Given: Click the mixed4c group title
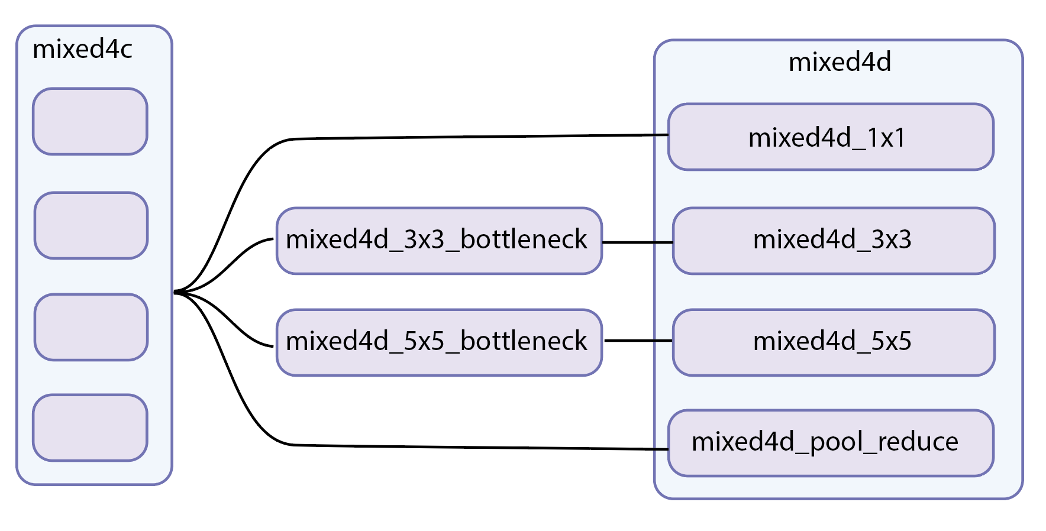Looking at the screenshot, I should (x=82, y=50).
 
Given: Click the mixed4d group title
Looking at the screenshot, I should (x=839, y=62).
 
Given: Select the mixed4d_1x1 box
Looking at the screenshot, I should (x=830, y=137).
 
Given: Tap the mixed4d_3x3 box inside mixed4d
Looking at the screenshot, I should (x=833, y=240).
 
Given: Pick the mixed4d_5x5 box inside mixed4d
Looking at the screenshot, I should (x=833, y=342).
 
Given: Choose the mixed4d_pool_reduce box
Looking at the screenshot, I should (x=830, y=443).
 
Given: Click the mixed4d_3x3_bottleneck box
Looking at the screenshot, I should (x=438, y=240).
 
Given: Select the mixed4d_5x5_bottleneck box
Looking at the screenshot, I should (x=438, y=342).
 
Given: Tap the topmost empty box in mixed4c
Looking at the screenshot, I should (x=90, y=121).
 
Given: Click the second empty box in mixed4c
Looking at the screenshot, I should (x=91, y=225).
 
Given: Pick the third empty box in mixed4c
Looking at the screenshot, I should (x=91, y=327).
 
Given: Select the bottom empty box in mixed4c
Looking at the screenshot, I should (x=90, y=428).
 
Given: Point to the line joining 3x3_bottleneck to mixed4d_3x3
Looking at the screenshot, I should (x=637, y=242).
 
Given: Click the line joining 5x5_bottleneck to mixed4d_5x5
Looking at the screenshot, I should (x=638, y=341).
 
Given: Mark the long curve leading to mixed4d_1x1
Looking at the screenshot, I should (x=473, y=137).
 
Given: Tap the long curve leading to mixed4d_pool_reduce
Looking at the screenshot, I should (x=473, y=448).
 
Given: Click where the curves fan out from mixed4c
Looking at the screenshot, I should (x=177, y=292).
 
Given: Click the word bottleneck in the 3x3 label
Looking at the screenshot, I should (x=523, y=240).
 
